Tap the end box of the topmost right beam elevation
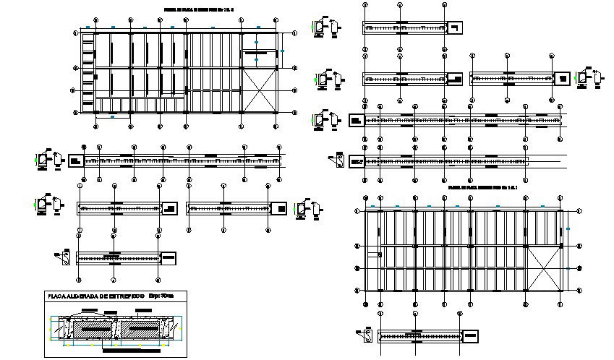tap(456, 28)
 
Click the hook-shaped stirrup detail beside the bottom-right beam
tap(367, 335)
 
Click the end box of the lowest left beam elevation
tap(166, 257)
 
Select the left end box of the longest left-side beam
tap(75, 160)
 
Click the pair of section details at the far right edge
tap(589, 77)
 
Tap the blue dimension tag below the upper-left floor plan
tap(112, 116)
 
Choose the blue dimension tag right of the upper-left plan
tap(283, 51)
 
